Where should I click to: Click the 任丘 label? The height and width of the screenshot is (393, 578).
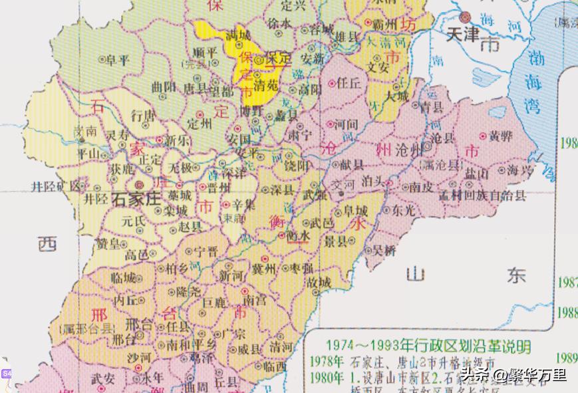pyautogui.click(x=348, y=83)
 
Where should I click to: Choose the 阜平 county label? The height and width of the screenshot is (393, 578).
pyautogui.click(x=118, y=60)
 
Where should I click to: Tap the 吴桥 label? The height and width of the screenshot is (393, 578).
pyautogui.click(x=384, y=250)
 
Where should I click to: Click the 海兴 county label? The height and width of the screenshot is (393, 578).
pyautogui.click(x=520, y=171)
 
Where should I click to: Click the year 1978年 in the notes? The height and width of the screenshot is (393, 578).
pyautogui.click(x=325, y=362)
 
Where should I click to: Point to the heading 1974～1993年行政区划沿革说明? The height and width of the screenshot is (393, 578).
pyautogui.click(x=428, y=346)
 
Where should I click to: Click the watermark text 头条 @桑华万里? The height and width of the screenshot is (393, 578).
pyautogui.click(x=514, y=376)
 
